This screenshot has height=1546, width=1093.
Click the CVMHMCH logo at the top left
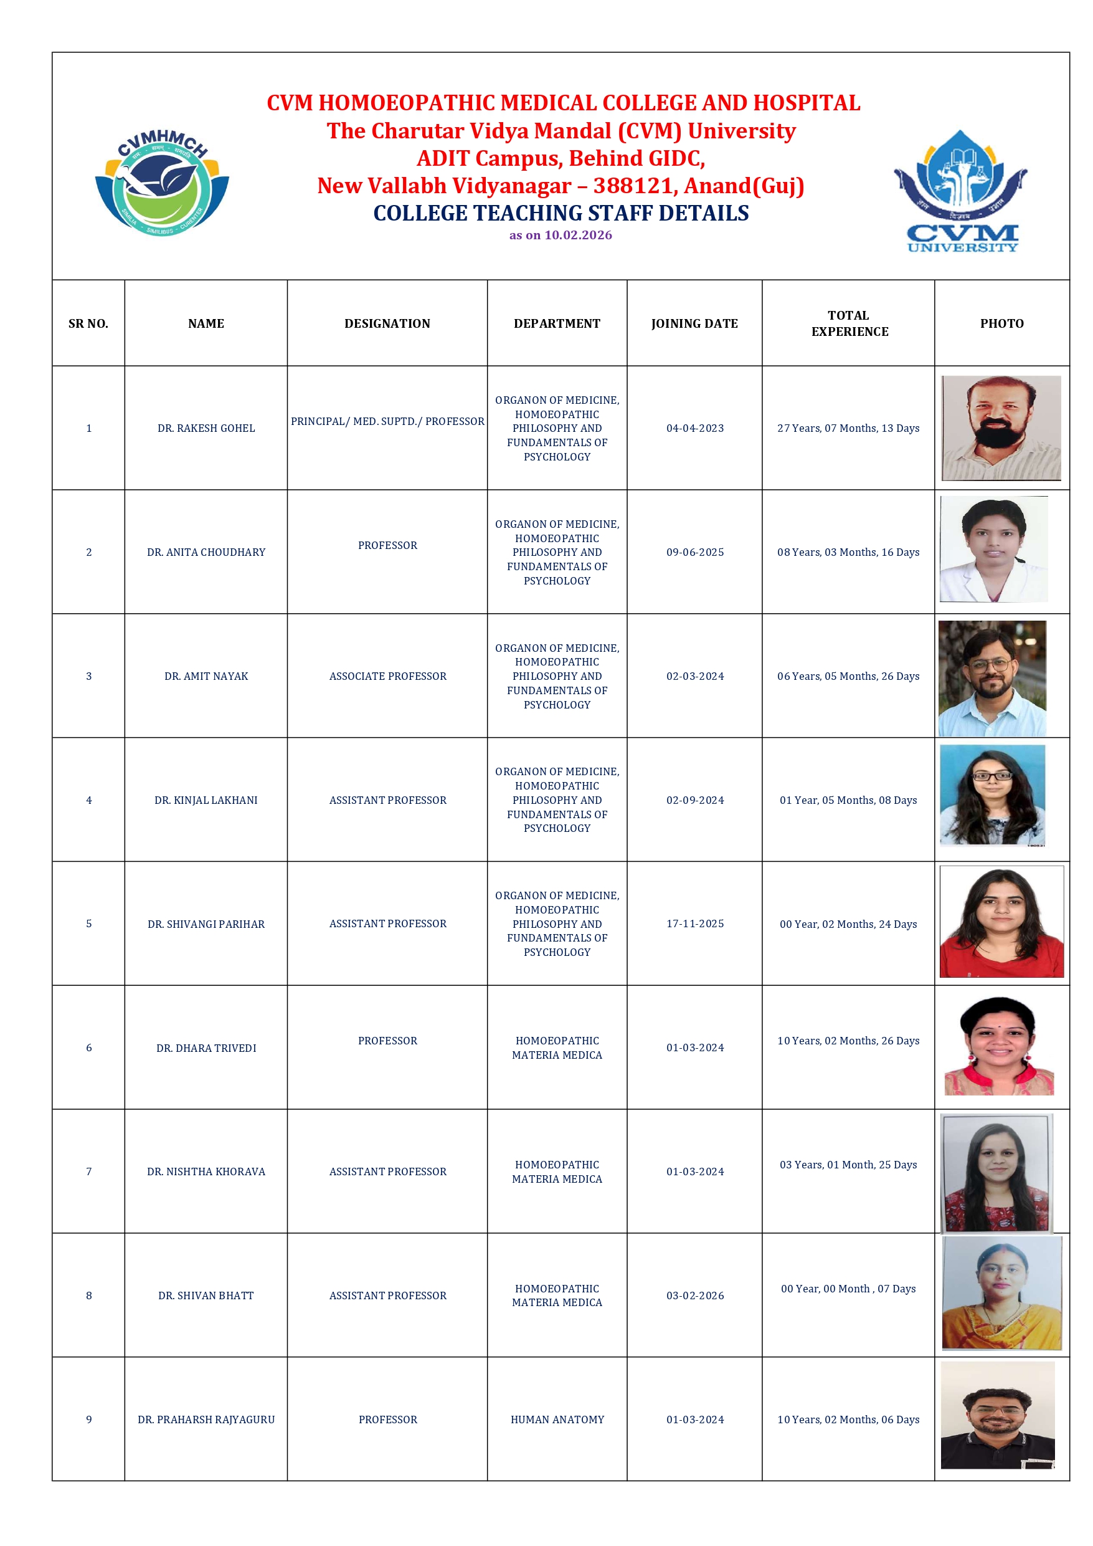[161, 184]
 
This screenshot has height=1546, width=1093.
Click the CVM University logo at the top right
[961, 191]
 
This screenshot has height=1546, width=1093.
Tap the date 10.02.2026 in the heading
[578, 235]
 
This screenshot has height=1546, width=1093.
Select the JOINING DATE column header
[694, 323]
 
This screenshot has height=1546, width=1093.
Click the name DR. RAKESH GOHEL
[206, 428]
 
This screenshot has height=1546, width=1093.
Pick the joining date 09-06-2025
[694, 552]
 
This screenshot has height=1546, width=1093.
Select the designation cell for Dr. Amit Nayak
[387, 676]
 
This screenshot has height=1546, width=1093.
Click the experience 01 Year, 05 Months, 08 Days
[848, 800]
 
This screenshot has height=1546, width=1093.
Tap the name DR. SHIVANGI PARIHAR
[206, 924]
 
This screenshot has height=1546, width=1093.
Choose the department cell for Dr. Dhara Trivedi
[557, 1047]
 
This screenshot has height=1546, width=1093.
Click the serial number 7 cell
[89, 1171]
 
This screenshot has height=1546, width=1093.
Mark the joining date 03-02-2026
[694, 1295]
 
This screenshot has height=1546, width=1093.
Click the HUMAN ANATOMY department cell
[557, 1420]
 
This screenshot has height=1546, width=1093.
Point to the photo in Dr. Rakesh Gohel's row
[1001, 428]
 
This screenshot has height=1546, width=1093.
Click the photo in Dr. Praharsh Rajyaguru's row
[998, 1415]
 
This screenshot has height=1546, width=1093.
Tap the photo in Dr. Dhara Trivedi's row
[999, 1046]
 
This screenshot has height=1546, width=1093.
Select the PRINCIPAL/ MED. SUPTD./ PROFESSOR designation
[387, 421]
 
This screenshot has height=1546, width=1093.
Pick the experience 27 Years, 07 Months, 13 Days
[848, 428]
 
